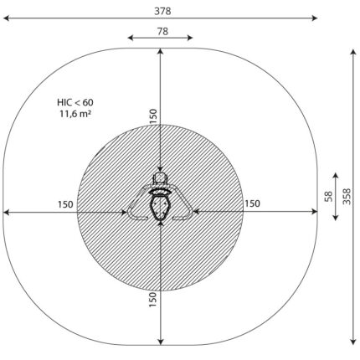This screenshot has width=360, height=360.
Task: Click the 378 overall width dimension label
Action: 162,11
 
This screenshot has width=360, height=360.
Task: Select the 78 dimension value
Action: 162,32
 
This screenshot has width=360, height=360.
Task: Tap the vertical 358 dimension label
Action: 347,197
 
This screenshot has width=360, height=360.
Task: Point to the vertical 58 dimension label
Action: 329,197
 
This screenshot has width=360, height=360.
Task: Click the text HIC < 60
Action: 75,102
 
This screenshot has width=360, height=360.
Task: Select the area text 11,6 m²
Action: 75,114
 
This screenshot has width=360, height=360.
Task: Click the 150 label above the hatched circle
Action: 153,116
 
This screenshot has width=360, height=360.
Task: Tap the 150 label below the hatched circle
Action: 152,300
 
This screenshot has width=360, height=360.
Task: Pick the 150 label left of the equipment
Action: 65,204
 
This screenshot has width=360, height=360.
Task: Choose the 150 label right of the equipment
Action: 252,203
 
